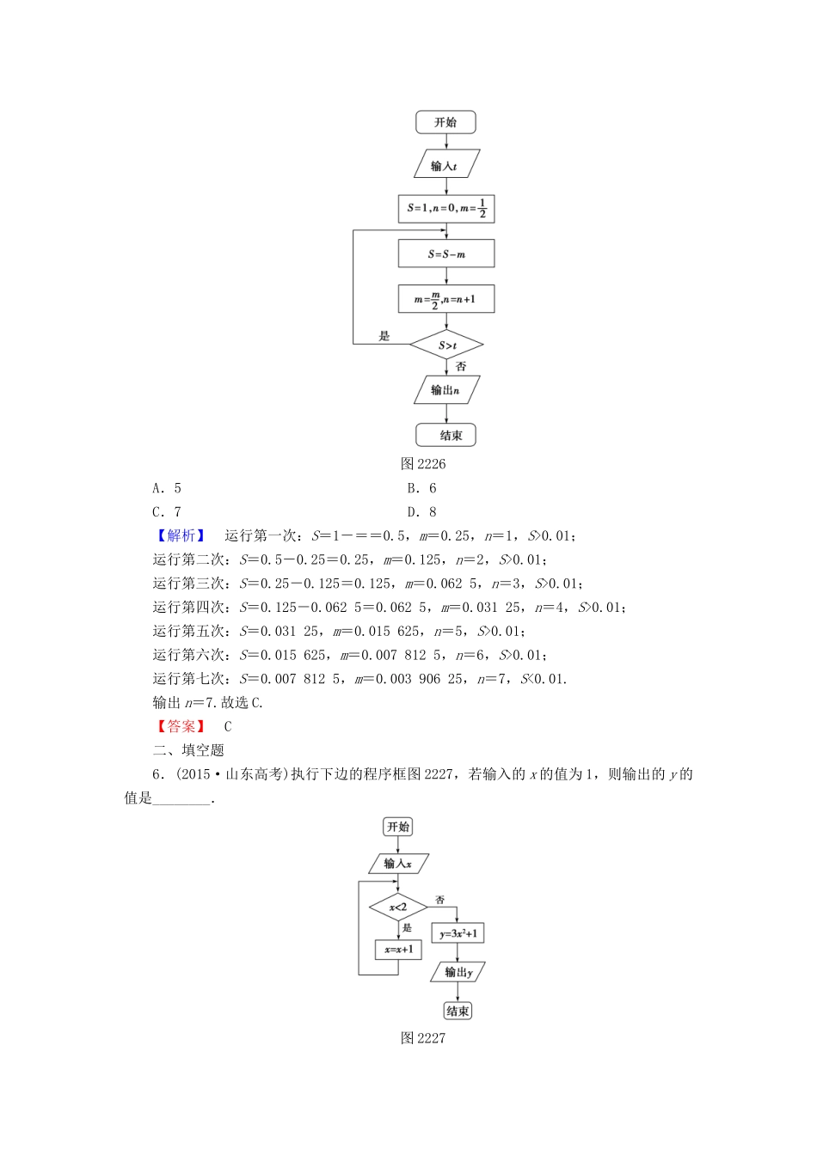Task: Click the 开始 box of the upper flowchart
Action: coord(445,122)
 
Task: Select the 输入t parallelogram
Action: coord(445,166)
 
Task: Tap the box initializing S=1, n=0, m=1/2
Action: coord(446,209)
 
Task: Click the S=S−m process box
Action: coord(446,254)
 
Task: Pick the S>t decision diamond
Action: coord(446,345)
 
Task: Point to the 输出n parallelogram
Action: coord(445,390)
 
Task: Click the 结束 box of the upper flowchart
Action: coord(445,435)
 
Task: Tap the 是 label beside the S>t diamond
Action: coord(384,336)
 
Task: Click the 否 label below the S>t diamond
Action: coord(461,367)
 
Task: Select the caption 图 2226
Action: coord(423,464)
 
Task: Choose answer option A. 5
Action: coord(167,488)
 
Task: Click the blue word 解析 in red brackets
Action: coord(181,535)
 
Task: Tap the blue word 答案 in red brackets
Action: coord(181,726)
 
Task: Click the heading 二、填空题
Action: coord(188,750)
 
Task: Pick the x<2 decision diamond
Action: coord(398,907)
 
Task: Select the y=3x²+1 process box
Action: coord(458,933)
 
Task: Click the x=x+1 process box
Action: coord(398,950)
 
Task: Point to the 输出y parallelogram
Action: coord(458,972)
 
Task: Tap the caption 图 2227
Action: coord(423,1038)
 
